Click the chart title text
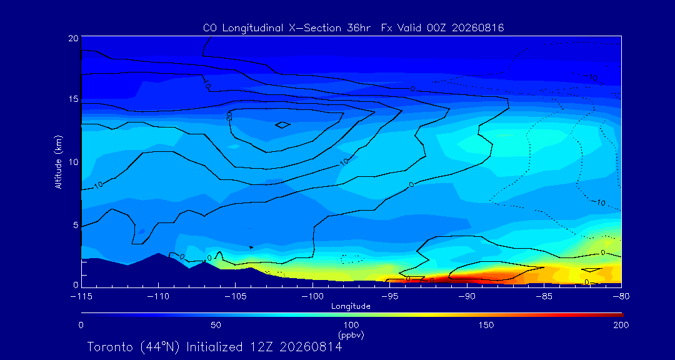(x=353, y=28)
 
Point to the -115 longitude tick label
(x=81, y=297)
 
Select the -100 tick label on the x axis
(x=312, y=297)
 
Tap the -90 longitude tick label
(x=467, y=297)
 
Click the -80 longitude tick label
(x=621, y=297)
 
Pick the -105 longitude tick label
(x=236, y=297)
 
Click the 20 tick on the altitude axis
(x=73, y=38)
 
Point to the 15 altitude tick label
(x=73, y=99)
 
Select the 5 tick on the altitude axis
(x=76, y=225)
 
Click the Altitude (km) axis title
(x=59, y=161)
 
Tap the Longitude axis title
(x=351, y=307)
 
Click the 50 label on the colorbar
(x=216, y=325)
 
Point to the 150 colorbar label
(x=486, y=325)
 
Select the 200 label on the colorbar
(x=621, y=325)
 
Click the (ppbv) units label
(x=351, y=334)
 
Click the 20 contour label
(x=229, y=116)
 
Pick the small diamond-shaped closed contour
(x=282, y=125)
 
